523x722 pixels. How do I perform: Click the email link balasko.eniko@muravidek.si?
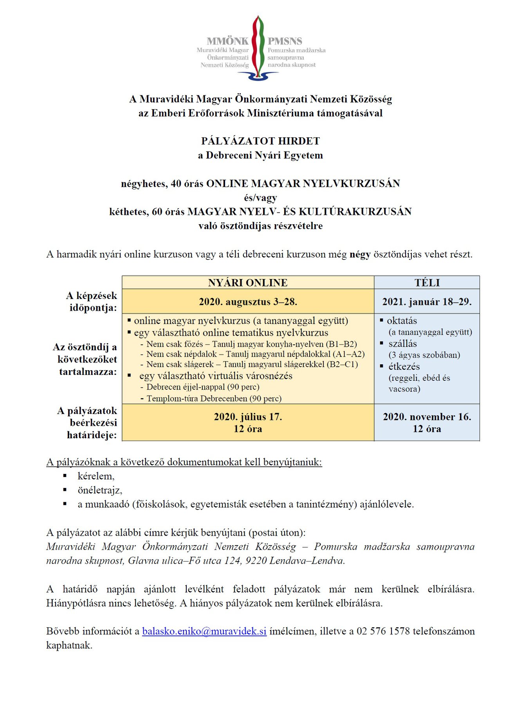204,631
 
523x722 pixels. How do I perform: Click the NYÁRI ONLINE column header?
248,283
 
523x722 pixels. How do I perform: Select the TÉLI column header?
427,283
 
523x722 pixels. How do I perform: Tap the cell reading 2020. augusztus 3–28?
248,302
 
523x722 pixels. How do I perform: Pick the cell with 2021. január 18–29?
427,302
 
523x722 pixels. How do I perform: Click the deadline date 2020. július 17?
248,417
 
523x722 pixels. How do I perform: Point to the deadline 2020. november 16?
427,417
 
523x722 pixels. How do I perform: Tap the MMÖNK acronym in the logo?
227,41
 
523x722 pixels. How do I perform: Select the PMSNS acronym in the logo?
285,41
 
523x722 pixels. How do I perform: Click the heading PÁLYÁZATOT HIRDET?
260,141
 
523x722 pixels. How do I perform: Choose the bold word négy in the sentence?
360,254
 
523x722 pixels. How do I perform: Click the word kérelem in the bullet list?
96,476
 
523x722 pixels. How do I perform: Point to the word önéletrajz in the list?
100,490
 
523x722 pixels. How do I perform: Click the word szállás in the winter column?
402,344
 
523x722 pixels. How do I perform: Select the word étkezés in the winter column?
404,367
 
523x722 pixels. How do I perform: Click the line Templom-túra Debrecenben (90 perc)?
214,399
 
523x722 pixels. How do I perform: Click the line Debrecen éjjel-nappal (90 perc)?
203,387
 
